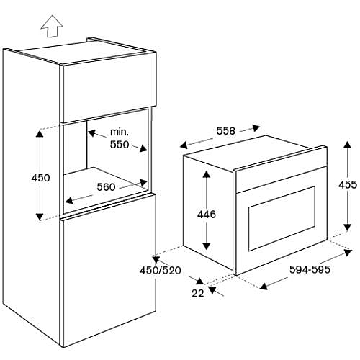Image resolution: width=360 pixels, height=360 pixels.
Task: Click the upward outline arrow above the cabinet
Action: [x=52, y=27]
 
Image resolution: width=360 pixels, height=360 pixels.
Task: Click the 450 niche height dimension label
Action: [x=40, y=178]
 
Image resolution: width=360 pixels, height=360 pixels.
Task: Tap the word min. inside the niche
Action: [x=120, y=132]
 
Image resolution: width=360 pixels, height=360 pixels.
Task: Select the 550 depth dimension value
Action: [x=120, y=145]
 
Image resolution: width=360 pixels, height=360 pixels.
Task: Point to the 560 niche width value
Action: [x=106, y=187]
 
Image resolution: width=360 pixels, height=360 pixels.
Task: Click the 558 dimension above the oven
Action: [x=226, y=131]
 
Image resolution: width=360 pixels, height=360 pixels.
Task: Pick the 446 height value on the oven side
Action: [x=207, y=215]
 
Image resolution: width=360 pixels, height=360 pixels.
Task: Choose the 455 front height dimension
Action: [x=348, y=185]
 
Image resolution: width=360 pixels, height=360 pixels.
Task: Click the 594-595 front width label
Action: [x=310, y=269]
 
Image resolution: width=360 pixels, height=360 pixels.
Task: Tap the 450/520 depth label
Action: [x=161, y=271]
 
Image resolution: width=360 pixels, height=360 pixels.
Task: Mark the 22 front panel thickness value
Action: [x=198, y=293]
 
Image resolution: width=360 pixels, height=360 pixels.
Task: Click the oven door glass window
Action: [x=282, y=219]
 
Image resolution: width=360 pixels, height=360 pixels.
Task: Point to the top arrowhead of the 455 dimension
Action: [x=347, y=145]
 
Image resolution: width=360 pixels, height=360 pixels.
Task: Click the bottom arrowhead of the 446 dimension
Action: [x=207, y=246]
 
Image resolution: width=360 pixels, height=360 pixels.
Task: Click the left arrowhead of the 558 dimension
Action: [x=184, y=145]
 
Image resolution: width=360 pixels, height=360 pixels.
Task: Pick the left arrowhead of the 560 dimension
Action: [x=69, y=200]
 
